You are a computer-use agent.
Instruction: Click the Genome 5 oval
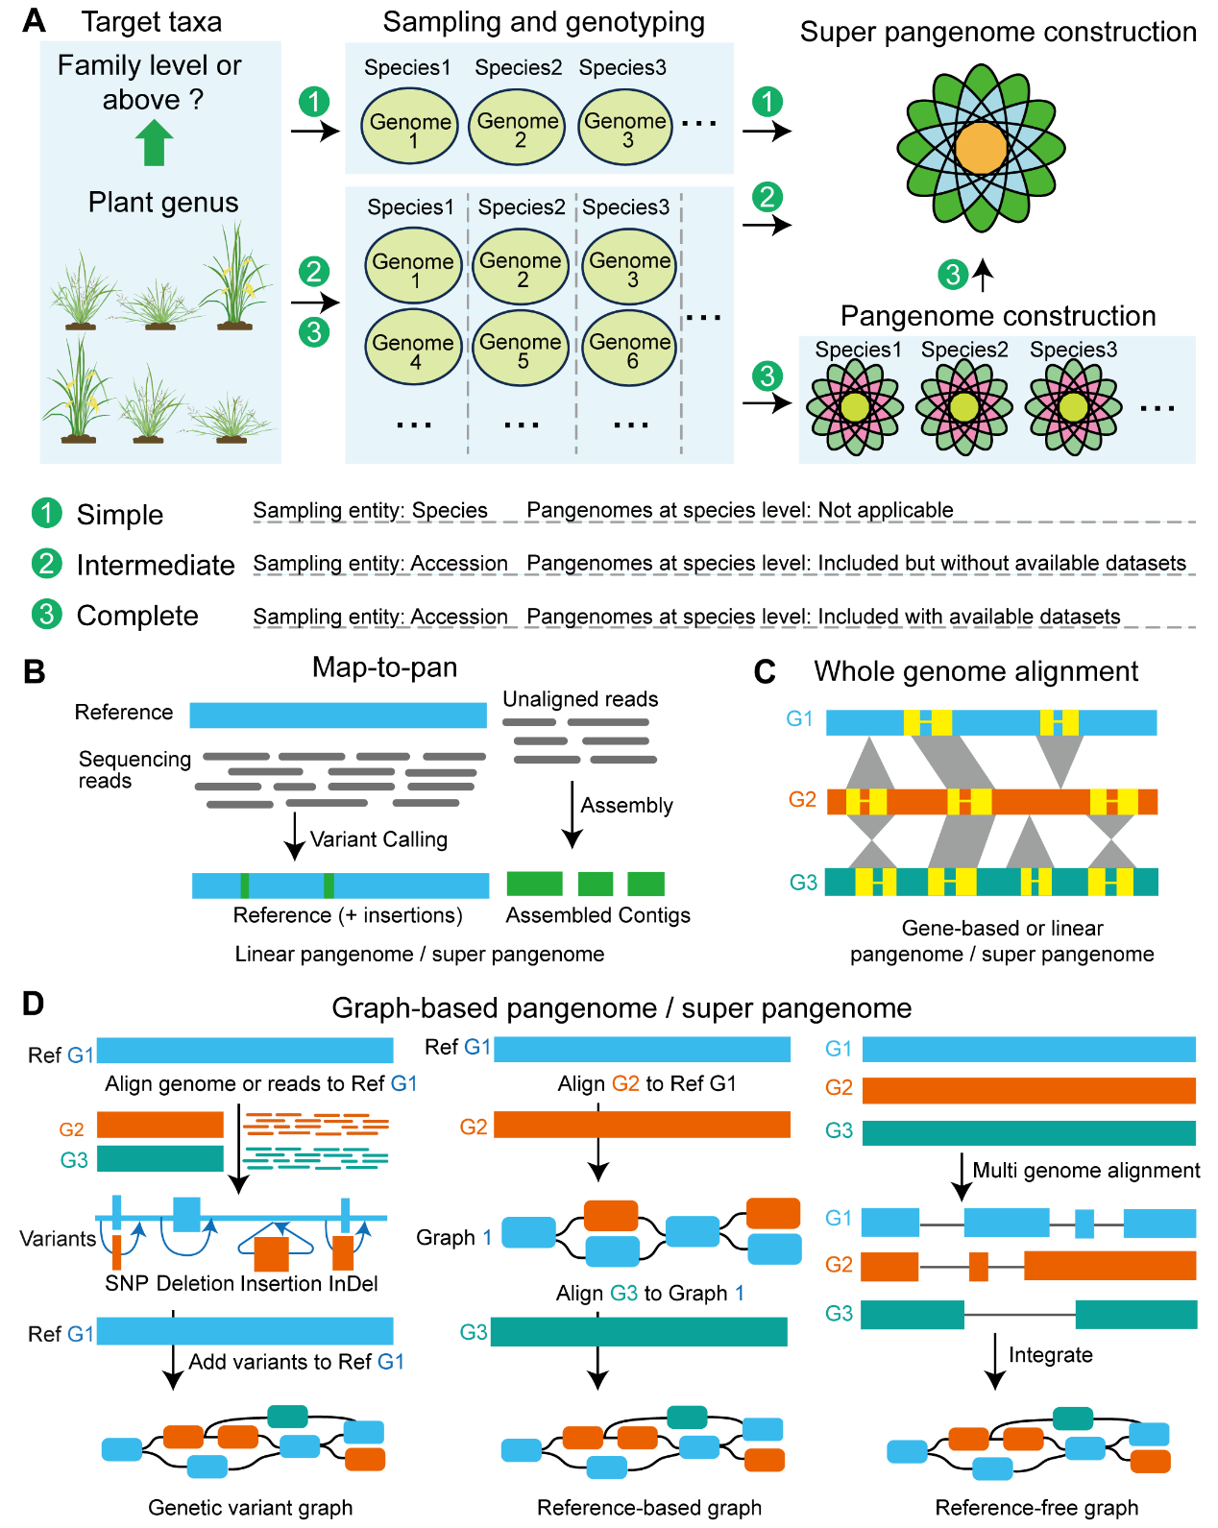[521, 348]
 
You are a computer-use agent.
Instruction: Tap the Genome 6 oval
[628, 348]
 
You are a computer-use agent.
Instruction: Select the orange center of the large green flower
[981, 148]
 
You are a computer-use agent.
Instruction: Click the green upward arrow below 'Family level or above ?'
[154, 142]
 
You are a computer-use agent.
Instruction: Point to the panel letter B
[34, 671]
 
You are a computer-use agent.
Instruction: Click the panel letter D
[34, 1004]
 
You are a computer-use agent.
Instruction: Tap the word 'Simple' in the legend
[119, 514]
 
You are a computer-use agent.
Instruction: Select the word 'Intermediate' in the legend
[156, 565]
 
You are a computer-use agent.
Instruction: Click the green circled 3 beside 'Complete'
[46, 615]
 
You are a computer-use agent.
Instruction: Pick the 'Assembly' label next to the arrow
[626, 805]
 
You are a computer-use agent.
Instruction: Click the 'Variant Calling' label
[378, 839]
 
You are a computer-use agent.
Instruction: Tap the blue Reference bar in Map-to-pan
[338, 715]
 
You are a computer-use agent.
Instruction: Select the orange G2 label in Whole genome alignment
[802, 799]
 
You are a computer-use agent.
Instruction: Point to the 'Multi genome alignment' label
[1085, 1170]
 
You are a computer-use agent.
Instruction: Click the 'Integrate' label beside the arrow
[1051, 1355]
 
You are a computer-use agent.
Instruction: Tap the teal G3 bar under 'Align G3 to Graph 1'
[639, 1331]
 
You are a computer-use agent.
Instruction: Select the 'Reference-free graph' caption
[1036, 1508]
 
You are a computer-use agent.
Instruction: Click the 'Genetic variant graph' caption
[250, 1508]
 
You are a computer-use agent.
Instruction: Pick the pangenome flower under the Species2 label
[963, 407]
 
